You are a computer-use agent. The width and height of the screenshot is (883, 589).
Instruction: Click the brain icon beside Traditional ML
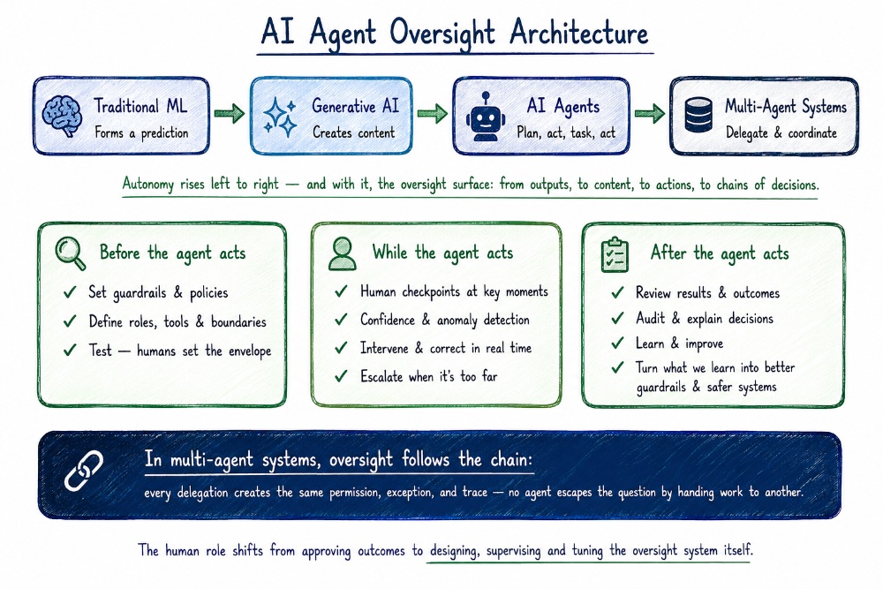[62, 116]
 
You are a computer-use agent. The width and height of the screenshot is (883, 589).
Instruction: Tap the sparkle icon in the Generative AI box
[280, 117]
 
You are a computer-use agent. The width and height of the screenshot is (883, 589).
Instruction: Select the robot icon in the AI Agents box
[485, 117]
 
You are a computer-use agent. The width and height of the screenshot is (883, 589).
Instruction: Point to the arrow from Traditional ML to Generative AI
[230, 114]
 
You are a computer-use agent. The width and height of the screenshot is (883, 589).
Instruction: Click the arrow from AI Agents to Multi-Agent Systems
[649, 114]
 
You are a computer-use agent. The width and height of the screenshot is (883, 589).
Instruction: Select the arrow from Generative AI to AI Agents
[432, 114]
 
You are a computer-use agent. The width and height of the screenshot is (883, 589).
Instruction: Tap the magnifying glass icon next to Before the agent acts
[71, 254]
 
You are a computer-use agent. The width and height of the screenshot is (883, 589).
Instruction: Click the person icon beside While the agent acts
[343, 254]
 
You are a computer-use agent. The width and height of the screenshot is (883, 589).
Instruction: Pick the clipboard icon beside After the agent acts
[615, 255]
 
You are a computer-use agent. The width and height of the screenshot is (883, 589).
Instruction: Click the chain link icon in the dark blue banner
[84, 471]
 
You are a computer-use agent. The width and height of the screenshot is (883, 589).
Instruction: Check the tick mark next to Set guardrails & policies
[70, 292]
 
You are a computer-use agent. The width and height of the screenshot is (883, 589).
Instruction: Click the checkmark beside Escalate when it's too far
[341, 375]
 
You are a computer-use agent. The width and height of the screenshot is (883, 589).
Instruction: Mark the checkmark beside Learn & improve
[617, 343]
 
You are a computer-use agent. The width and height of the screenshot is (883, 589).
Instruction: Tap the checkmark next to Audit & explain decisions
[617, 318]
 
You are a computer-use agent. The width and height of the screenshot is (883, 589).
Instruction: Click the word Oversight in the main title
[442, 34]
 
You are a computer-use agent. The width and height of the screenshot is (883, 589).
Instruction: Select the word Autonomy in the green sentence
[148, 185]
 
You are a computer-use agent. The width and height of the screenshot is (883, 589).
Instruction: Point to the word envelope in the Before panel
[250, 351]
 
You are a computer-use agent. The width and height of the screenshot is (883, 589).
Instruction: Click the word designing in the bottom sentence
[455, 550]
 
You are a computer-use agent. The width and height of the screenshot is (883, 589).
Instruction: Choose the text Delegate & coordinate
[781, 132]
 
